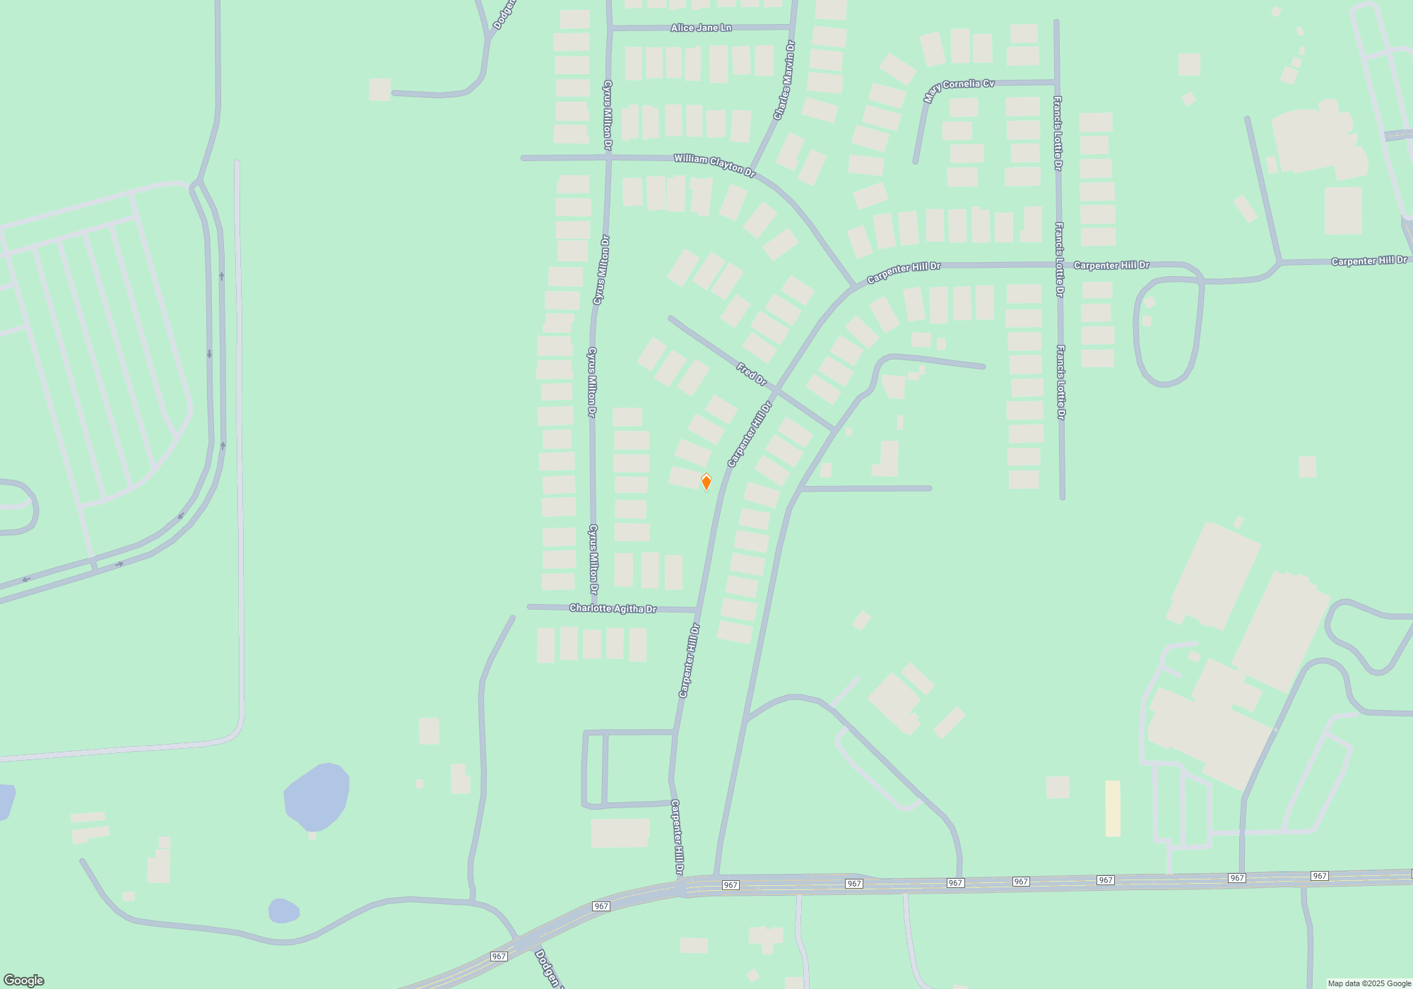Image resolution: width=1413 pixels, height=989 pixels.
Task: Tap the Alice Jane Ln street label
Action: click(x=701, y=28)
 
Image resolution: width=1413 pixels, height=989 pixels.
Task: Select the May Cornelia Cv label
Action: click(x=959, y=89)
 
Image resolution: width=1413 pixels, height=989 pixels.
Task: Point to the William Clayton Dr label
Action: click(x=714, y=165)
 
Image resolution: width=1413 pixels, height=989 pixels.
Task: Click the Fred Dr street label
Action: click(x=751, y=374)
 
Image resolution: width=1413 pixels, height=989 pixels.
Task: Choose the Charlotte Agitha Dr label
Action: click(x=613, y=608)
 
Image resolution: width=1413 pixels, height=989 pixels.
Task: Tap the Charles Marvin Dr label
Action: click(x=784, y=80)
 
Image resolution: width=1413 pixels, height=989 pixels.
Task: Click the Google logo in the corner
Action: click(x=23, y=981)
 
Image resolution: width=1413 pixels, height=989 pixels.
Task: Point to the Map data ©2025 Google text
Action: click(x=1368, y=983)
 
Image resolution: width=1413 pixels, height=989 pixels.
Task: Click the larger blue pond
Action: click(x=317, y=797)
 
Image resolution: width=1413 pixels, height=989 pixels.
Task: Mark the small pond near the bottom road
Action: click(x=283, y=911)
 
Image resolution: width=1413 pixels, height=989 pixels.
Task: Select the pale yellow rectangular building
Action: click(x=1113, y=808)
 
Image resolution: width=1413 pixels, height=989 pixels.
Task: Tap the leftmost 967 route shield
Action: click(x=499, y=957)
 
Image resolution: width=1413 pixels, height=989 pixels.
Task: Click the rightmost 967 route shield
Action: click(x=1319, y=876)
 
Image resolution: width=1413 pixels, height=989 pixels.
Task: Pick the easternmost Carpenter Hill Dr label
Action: click(x=1368, y=261)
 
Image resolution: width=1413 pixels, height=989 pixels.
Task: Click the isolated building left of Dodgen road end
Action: click(x=379, y=89)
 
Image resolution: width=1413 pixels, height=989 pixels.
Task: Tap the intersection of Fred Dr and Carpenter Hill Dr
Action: click(x=776, y=390)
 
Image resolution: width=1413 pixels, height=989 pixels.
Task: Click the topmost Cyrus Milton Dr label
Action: click(x=608, y=115)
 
